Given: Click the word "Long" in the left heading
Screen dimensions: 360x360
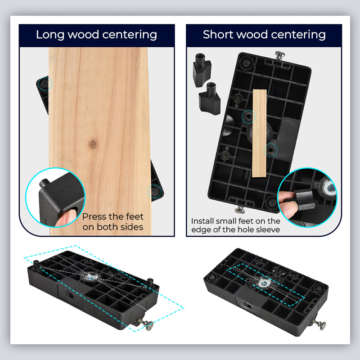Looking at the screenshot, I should coord(49,35).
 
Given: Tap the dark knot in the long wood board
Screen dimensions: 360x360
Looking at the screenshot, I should coord(93,145).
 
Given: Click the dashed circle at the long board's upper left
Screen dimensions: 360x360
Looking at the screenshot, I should coord(45,83).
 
